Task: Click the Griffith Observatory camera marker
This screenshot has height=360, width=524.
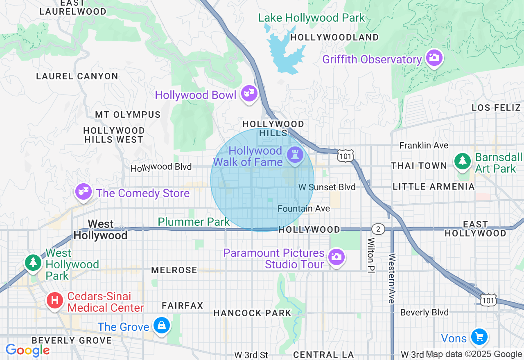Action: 434,58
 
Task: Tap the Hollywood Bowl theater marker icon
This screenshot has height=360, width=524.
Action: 249,94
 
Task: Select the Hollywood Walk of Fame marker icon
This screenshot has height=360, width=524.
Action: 295,155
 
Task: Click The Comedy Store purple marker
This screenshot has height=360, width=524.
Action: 84,192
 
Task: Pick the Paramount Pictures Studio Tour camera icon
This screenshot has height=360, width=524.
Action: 336,257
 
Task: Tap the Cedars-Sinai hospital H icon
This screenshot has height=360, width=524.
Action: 55,301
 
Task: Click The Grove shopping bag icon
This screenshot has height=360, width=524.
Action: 162,326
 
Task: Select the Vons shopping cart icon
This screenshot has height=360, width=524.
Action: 479,337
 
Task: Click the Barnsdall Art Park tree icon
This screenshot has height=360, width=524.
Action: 463,161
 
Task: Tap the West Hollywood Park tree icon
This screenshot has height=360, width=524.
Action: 33,262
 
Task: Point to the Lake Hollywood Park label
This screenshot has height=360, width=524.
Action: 311,18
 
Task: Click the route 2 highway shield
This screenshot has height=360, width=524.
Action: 378,229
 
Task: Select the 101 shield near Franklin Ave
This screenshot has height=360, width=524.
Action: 345,155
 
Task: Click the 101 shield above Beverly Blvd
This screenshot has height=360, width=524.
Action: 488,300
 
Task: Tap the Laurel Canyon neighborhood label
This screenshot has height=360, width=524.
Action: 77,76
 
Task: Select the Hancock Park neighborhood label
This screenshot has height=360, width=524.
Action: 252,313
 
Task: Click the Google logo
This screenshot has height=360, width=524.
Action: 27,350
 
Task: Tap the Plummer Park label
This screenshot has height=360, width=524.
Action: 194,222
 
